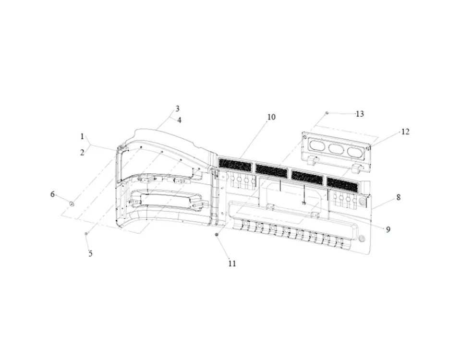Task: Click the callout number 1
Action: pyautogui.click(x=82, y=136)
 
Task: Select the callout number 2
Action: pyautogui.click(x=82, y=153)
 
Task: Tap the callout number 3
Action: pyautogui.click(x=177, y=109)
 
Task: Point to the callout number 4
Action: pyautogui.click(x=179, y=120)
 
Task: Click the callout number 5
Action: pyautogui.click(x=91, y=253)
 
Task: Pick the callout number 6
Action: pyautogui.click(x=53, y=194)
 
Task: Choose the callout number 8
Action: pyautogui.click(x=399, y=197)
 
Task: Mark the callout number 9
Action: pyautogui.click(x=388, y=229)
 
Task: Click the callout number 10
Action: pyautogui.click(x=271, y=117)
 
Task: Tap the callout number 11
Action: pyautogui.click(x=232, y=264)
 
